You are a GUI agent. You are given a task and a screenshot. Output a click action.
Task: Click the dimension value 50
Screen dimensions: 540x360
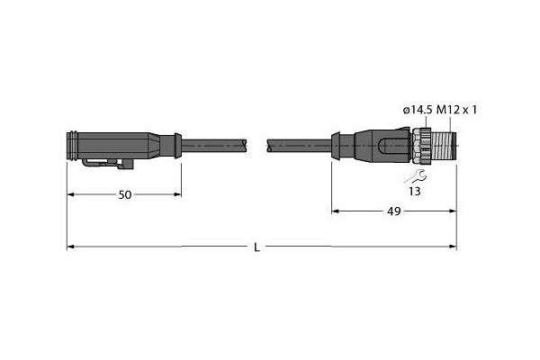click(x=125, y=195)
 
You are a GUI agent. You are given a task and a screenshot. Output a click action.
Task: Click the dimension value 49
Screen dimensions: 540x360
click(x=394, y=211)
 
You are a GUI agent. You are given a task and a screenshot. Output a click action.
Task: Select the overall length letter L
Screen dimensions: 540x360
click(x=256, y=247)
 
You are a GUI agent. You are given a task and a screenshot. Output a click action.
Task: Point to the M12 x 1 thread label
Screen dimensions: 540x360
click(x=456, y=110)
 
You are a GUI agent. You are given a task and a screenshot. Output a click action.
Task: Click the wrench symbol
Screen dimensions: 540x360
click(x=416, y=176)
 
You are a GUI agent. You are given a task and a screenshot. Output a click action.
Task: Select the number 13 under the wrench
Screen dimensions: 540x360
click(x=415, y=191)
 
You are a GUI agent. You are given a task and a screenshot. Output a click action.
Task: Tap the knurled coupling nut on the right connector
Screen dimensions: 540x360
click(x=421, y=146)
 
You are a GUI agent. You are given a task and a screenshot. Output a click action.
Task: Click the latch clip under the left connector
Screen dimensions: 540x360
click(x=108, y=163)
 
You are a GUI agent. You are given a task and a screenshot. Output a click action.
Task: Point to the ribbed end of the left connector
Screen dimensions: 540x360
click(x=72, y=146)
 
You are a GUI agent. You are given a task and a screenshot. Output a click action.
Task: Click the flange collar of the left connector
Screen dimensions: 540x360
click(x=178, y=146)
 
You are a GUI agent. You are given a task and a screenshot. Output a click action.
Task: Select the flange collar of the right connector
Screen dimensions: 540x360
click(x=336, y=146)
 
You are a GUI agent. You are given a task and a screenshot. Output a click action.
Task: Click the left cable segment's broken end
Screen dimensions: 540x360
click(x=245, y=146)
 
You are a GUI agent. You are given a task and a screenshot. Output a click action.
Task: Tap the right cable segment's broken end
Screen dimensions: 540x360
click(x=269, y=146)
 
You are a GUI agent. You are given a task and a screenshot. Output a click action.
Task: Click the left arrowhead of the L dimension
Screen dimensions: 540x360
click(x=70, y=247)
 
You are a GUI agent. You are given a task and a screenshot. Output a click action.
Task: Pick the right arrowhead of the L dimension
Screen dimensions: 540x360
click(x=454, y=247)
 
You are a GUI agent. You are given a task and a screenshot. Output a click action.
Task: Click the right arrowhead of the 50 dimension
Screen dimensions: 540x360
click(x=177, y=194)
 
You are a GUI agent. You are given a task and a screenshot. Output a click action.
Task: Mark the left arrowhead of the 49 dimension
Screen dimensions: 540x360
click(x=335, y=211)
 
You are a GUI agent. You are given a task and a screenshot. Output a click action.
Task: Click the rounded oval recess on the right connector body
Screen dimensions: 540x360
click(x=391, y=146)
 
